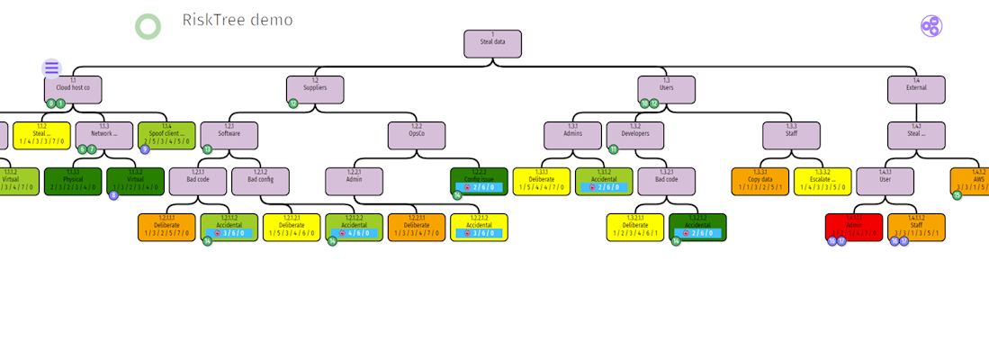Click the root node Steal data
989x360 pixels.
coord(492,44)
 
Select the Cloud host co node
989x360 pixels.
coord(73,88)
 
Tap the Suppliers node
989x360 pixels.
coord(315,88)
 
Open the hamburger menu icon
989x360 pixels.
coord(51,67)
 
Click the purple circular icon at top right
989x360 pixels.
coord(931,26)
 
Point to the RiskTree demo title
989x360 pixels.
coord(237,20)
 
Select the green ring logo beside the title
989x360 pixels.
coord(148,27)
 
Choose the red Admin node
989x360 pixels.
coord(853,227)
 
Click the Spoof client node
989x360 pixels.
coord(166,135)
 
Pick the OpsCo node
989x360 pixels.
coord(417,135)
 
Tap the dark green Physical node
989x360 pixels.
coord(73,181)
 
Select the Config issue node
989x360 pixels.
coord(479,181)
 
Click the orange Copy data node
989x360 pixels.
coord(760,181)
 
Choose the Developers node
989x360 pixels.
coord(635,135)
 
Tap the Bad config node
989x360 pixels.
coord(260,181)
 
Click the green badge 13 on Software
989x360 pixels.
coord(207,149)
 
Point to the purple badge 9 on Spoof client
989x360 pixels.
coord(145,149)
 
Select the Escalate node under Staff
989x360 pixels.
coord(822,181)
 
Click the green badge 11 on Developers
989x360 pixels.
coord(614,149)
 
